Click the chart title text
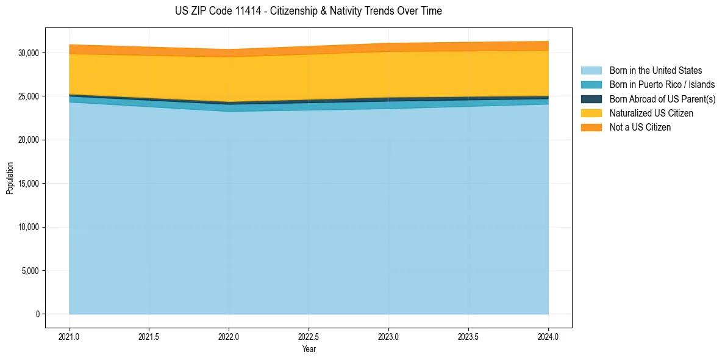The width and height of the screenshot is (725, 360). tap(308, 11)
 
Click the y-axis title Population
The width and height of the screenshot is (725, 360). tap(10, 178)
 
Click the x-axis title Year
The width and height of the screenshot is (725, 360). tap(309, 349)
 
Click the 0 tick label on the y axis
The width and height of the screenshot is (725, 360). tap(37, 314)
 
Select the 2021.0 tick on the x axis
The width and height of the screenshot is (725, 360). tap(70, 336)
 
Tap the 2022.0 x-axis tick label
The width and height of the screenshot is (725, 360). tap(229, 336)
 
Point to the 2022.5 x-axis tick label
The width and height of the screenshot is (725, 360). tap(309, 336)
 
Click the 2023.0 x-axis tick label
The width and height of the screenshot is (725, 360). tap(388, 336)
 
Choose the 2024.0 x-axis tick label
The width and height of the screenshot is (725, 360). tap(548, 336)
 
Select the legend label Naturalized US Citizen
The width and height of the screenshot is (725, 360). tap(651, 113)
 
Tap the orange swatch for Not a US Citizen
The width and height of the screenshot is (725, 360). tap(591, 128)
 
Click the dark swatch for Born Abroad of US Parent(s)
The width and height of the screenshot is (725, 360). tap(591, 99)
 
